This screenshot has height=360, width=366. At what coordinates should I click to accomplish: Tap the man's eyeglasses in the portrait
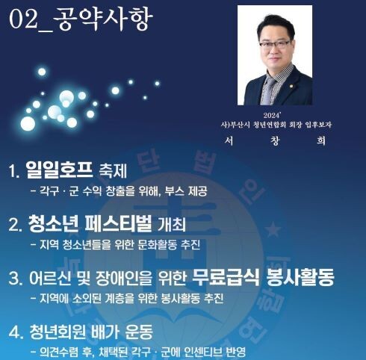point(274,45)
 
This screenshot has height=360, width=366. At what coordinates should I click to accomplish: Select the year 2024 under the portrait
point(272,116)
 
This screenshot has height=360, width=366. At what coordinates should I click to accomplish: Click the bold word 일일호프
point(59,170)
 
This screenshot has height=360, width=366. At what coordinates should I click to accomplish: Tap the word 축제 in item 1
point(113,171)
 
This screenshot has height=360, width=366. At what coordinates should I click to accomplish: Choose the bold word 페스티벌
point(119,223)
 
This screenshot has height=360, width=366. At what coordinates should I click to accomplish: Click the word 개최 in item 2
point(172,225)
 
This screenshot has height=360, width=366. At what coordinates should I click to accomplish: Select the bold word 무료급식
point(226,277)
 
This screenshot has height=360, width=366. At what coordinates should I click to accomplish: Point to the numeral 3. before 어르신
point(15,279)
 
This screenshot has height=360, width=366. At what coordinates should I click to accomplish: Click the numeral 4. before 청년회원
point(16,332)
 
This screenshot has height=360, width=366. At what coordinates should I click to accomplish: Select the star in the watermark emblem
point(273,229)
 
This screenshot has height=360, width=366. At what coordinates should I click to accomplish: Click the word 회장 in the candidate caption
point(295,125)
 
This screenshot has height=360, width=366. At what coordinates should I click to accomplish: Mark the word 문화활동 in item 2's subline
point(157,244)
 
